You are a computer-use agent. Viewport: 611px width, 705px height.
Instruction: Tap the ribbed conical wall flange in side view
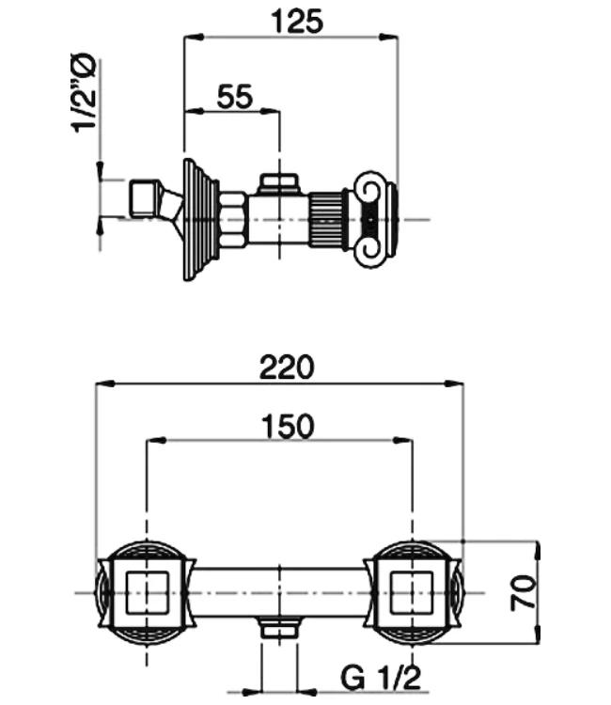(200, 219)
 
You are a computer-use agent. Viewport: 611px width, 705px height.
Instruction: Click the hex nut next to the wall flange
(234, 219)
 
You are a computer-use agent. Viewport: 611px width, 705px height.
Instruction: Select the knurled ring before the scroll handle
(329, 219)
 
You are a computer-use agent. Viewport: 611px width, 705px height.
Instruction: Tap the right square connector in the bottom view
(411, 592)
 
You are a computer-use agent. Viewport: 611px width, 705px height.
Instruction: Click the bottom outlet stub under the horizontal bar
(278, 628)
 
